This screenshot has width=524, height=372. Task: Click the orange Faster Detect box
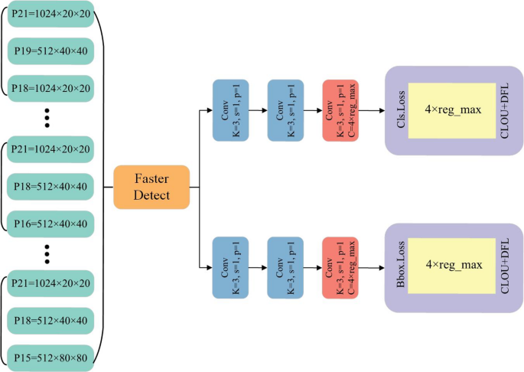151,187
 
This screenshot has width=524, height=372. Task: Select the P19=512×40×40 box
50,52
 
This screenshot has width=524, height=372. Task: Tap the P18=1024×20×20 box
50,88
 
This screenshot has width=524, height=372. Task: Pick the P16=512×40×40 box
50,223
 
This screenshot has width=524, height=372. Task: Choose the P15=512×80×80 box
50,356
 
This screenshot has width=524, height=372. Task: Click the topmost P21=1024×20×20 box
50,16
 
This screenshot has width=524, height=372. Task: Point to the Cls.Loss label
399,110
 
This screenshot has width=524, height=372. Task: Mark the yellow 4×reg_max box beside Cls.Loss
452,110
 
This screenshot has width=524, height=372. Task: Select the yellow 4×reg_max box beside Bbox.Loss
452,266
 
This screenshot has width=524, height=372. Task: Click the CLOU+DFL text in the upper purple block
503,110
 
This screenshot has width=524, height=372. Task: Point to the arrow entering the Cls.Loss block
373,110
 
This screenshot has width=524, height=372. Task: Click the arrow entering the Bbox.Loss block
373,267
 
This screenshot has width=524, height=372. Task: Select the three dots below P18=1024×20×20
47,117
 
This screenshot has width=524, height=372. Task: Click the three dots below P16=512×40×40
47,252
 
